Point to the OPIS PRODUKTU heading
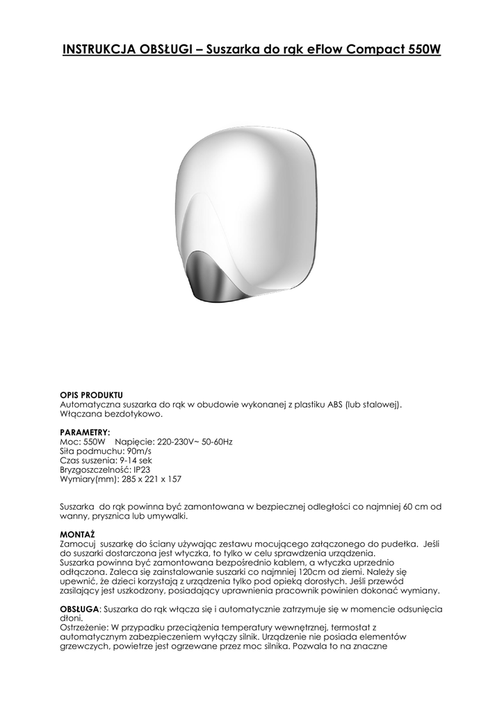[x=92, y=395]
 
